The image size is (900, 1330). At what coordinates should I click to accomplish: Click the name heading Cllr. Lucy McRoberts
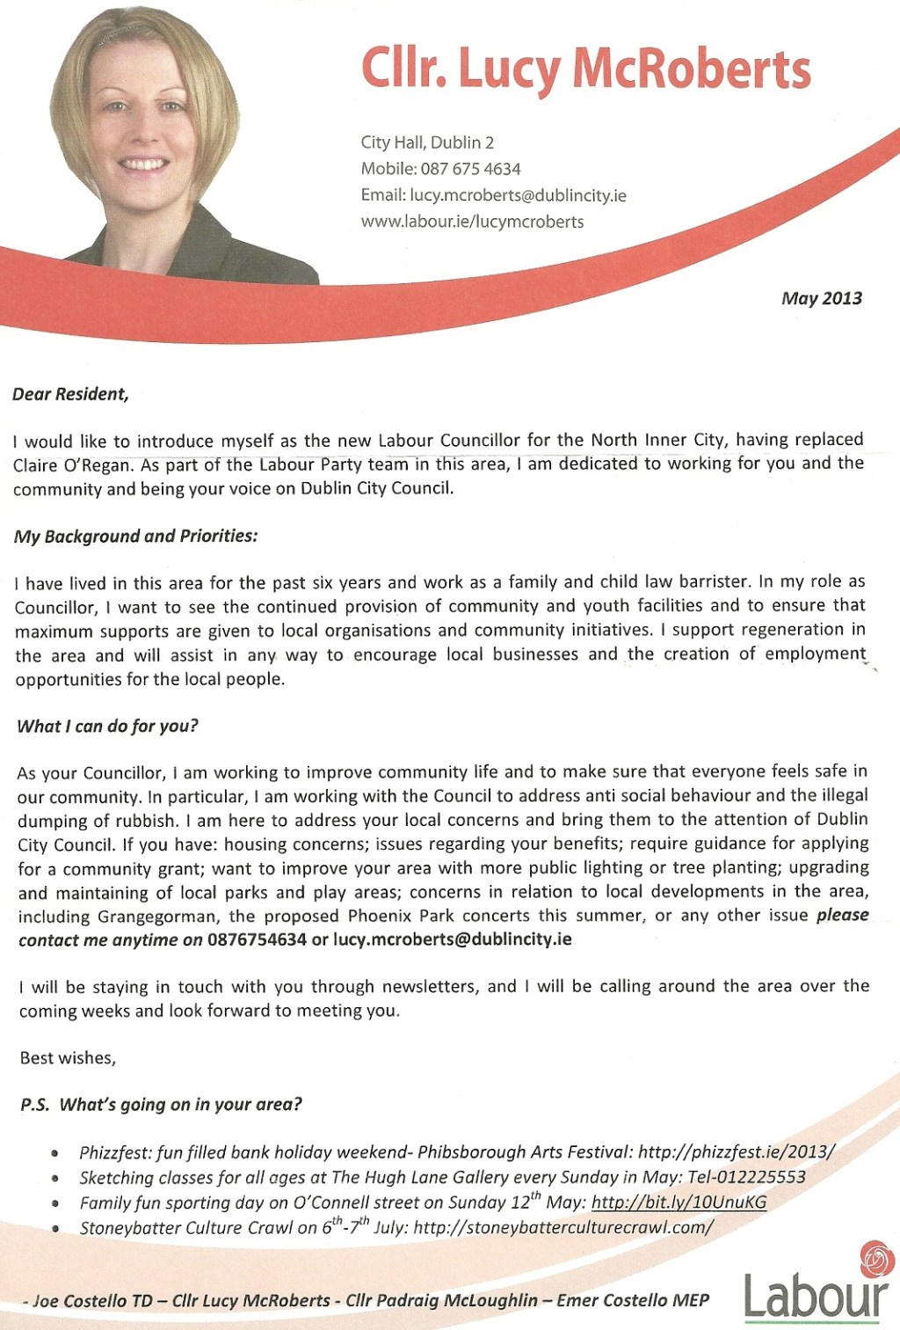585,69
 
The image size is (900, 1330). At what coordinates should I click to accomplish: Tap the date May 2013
821,298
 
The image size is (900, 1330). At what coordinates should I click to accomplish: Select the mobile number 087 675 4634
470,169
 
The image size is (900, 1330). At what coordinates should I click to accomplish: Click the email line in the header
493,195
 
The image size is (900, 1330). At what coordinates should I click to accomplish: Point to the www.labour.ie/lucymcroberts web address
472,222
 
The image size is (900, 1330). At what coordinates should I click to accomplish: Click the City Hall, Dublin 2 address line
427,142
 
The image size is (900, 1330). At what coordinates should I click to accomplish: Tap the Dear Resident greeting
70,394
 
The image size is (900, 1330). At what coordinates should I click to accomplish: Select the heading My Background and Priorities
135,537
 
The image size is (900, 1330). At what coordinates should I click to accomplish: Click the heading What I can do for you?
107,727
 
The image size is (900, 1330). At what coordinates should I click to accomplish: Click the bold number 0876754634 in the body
257,939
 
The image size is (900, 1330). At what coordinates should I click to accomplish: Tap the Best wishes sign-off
68,1058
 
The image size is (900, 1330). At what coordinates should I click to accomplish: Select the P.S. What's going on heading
161,1105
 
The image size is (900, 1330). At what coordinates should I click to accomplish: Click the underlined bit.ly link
679,1202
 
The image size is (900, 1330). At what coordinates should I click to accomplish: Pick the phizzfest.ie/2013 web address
736,1152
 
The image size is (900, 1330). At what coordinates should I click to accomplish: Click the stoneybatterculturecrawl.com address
562,1227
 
